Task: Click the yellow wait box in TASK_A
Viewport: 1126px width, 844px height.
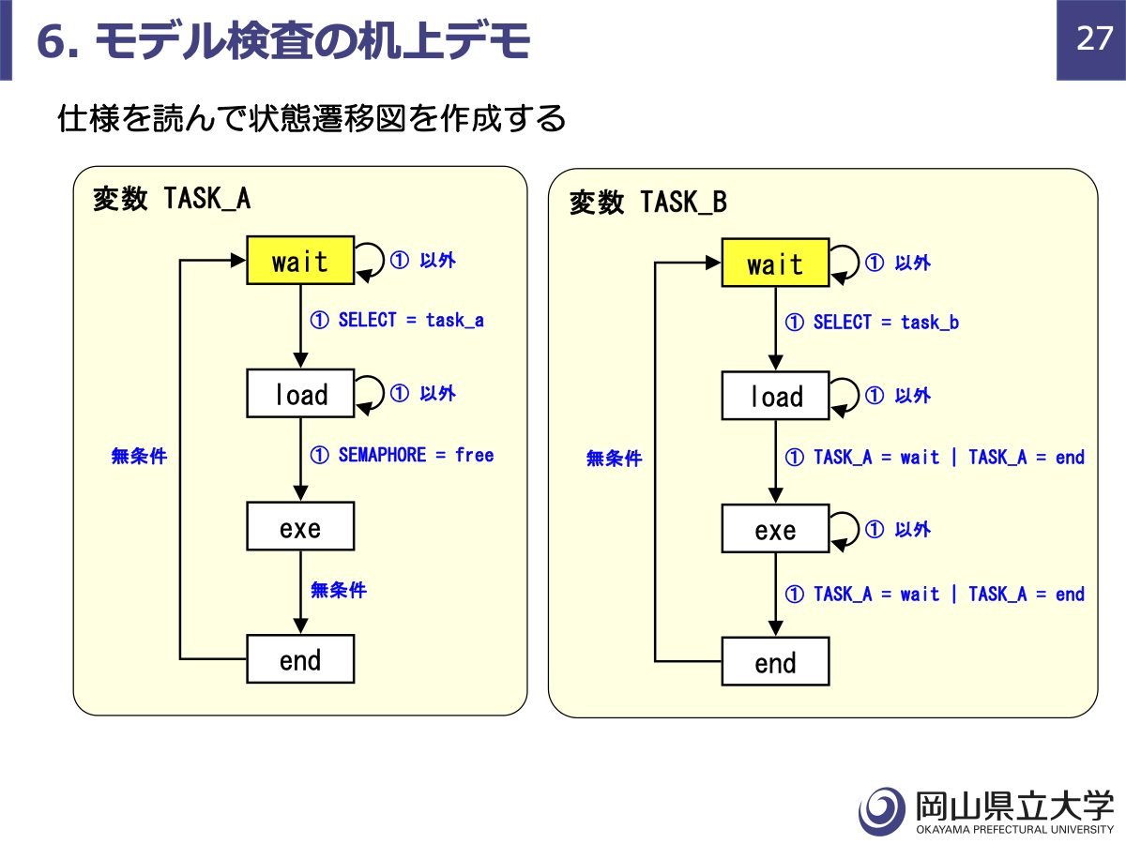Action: [300, 261]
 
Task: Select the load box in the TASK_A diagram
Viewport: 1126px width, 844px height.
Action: [300, 393]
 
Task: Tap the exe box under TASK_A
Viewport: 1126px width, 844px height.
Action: [300, 526]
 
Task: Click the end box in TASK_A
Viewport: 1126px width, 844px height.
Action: [300, 659]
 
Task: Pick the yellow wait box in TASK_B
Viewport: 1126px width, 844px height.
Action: [775, 263]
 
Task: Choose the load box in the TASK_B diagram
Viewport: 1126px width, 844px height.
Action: [775, 396]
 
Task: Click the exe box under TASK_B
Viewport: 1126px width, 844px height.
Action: [775, 528]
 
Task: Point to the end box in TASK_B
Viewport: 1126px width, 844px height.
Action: [775, 661]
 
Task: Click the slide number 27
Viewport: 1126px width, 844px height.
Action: [1094, 38]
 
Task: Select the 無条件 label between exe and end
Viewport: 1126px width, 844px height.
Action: [339, 590]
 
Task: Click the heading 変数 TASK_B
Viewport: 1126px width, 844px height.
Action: [648, 202]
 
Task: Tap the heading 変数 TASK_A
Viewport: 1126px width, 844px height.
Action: [172, 199]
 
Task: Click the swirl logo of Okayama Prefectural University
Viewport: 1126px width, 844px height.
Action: [882, 811]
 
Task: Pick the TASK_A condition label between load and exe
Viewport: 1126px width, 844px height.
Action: [935, 457]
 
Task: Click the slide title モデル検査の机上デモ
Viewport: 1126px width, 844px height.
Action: [312, 41]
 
